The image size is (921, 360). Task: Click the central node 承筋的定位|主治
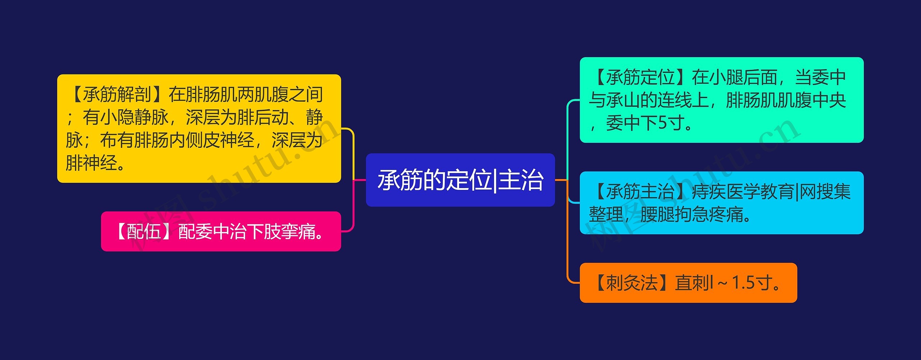(x=460, y=180)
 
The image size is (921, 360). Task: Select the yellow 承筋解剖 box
(x=199, y=128)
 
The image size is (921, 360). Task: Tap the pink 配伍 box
(x=221, y=231)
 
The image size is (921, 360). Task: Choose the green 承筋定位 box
(x=721, y=100)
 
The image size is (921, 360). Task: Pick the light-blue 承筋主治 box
(x=721, y=203)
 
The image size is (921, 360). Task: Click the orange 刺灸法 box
(x=688, y=283)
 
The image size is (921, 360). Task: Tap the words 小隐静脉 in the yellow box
(x=134, y=117)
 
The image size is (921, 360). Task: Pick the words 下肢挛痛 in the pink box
(x=281, y=231)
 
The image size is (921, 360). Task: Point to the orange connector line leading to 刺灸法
(x=567, y=245)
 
